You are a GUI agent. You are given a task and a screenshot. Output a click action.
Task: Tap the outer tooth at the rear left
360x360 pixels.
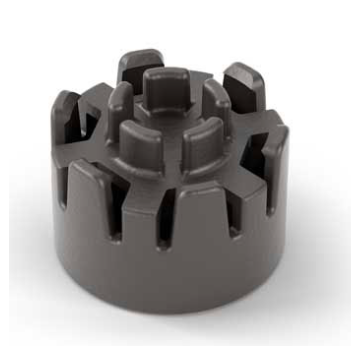click(139, 68)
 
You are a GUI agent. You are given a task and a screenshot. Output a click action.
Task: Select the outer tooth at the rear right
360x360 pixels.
click(243, 82)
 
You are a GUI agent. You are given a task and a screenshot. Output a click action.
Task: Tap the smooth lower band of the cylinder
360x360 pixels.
click(170, 275)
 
